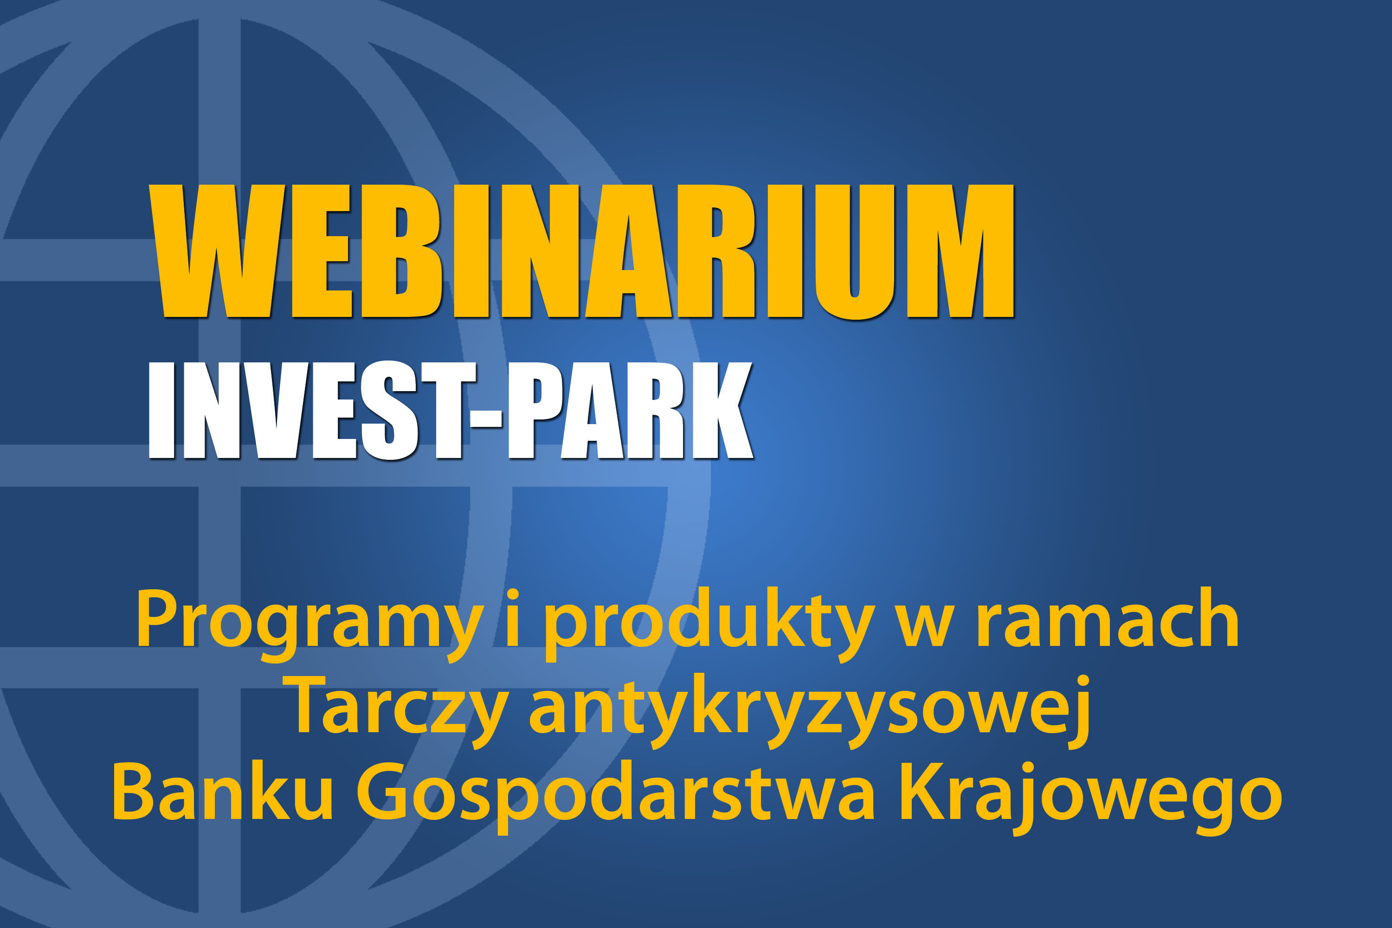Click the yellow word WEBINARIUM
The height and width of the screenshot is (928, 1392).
581,251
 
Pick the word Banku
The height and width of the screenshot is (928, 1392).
223,792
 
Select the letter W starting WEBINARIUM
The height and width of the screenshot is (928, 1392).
217,251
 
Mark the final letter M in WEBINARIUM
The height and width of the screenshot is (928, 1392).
961,251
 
